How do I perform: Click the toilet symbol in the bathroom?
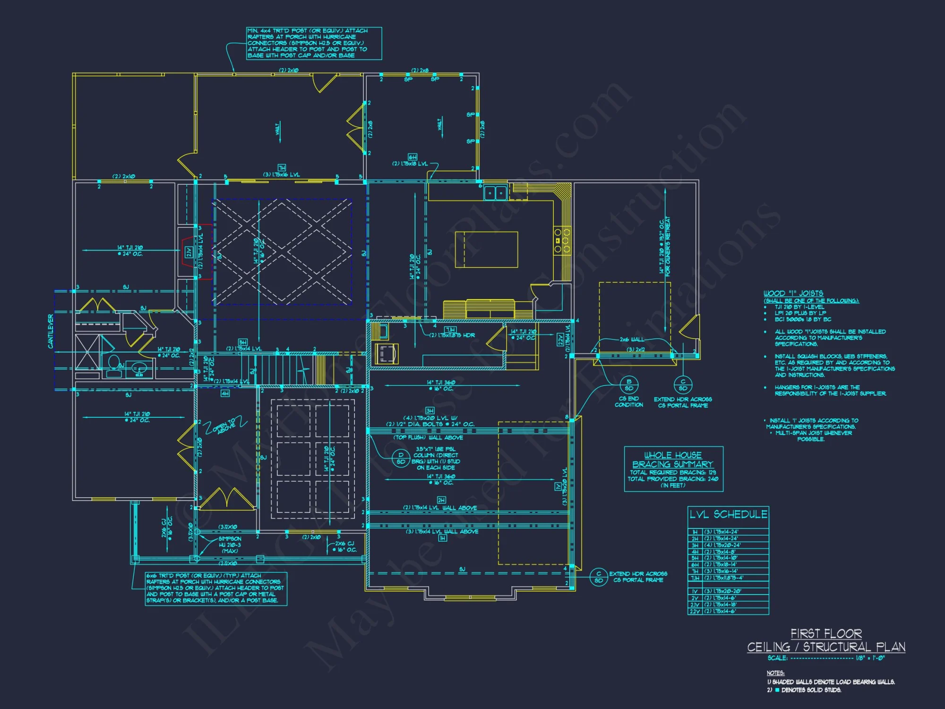113,364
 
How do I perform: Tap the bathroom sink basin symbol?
138,368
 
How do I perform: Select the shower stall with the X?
87,352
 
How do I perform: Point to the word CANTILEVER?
51,331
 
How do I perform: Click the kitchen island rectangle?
486,250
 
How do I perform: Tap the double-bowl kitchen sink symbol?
495,193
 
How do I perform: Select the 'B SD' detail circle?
629,385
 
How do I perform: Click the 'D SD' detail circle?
401,458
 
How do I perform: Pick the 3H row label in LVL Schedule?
695,545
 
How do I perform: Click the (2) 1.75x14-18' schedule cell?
720,605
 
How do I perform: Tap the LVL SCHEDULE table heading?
728,514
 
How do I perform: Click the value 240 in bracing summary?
713,479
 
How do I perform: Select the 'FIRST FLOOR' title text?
826,633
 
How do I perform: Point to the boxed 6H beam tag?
412,157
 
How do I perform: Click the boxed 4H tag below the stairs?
225,393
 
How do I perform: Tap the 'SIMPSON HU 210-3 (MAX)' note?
230,545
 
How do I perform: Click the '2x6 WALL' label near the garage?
631,339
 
